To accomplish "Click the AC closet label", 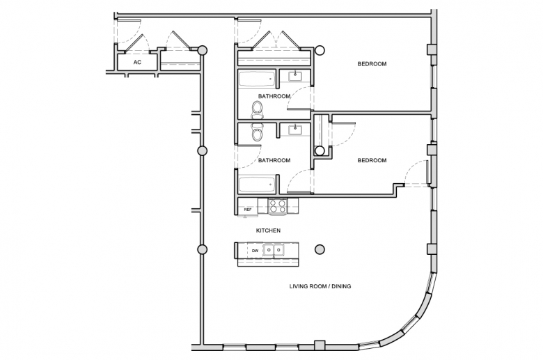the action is coord(137,63).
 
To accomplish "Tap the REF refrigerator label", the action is coord(247,210).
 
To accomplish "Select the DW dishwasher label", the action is coord(255,251).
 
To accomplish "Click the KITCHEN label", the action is coord(269,230).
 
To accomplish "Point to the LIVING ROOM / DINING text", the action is coord(320,286).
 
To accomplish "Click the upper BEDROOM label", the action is coord(372,64).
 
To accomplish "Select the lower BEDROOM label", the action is coord(372,160).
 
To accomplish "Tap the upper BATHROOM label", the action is coord(274,96).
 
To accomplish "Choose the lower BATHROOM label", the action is coord(274,160).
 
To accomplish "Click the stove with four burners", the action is coord(278,206).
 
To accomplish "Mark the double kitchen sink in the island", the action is coord(274,250).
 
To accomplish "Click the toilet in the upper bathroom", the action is coord(258,110).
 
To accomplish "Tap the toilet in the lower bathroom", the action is coord(258,132).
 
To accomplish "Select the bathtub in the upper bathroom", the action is coord(257,79).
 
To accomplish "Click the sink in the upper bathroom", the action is coord(295,76).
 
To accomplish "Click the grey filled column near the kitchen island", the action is coord(320,249).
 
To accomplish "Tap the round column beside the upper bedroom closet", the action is coord(320,51).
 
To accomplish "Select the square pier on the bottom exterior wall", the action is coord(320,346).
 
